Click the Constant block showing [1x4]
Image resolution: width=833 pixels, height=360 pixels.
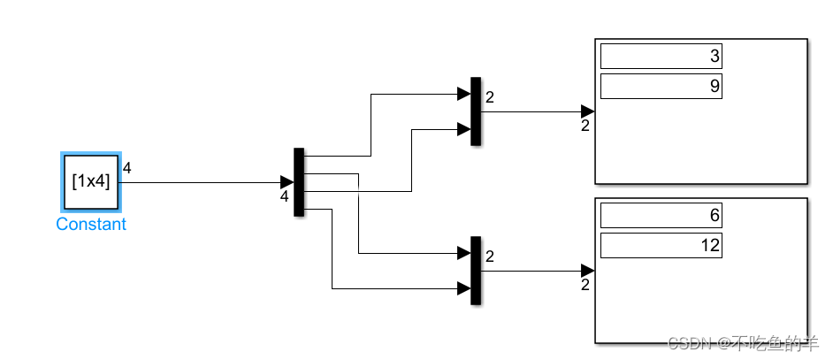(91, 182)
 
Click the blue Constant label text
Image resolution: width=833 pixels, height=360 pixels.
(91, 225)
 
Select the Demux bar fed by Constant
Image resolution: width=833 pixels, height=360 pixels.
(299, 181)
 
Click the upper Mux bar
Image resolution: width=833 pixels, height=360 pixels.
(476, 111)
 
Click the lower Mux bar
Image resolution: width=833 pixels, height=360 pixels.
(476, 270)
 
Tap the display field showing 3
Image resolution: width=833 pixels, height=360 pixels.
(661, 57)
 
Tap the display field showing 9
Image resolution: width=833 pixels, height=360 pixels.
(661, 86)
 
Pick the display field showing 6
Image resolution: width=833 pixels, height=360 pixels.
(661, 215)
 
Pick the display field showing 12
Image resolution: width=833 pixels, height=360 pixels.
(661, 245)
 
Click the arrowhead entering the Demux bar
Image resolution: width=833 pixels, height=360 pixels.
(287, 182)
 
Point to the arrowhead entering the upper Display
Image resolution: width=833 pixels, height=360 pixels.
(587, 111)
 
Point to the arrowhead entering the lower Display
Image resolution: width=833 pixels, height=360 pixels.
(587, 270)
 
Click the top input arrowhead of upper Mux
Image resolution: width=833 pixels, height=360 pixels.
(463, 94)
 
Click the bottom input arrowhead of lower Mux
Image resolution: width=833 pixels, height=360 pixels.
(463, 287)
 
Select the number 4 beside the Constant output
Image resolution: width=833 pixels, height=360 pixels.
(127, 168)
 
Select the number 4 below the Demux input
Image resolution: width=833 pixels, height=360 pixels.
(284, 197)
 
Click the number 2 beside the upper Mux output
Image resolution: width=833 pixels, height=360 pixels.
(490, 97)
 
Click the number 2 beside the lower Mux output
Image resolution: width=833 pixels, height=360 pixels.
(490, 257)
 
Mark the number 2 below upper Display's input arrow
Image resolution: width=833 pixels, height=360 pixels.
(585, 126)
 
